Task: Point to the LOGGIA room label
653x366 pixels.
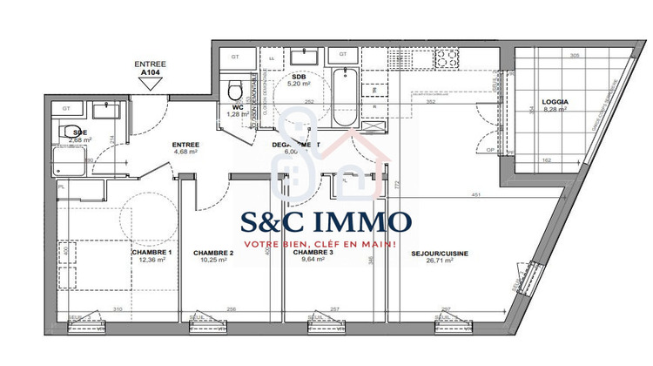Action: [x=554, y=102]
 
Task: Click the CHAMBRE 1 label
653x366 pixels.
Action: [x=151, y=253]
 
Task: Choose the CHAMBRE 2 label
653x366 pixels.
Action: [x=212, y=253]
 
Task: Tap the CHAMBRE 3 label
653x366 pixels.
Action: [x=313, y=253]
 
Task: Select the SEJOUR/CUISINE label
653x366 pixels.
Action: [x=440, y=254]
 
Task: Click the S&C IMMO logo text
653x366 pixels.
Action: [x=326, y=220]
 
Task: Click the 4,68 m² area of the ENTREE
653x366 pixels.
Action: [x=185, y=152]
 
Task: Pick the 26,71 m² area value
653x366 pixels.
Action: [x=440, y=261]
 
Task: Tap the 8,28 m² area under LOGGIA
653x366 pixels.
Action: [x=554, y=110]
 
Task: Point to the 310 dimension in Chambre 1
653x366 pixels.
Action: [x=116, y=309]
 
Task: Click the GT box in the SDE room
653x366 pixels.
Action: [x=65, y=108]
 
